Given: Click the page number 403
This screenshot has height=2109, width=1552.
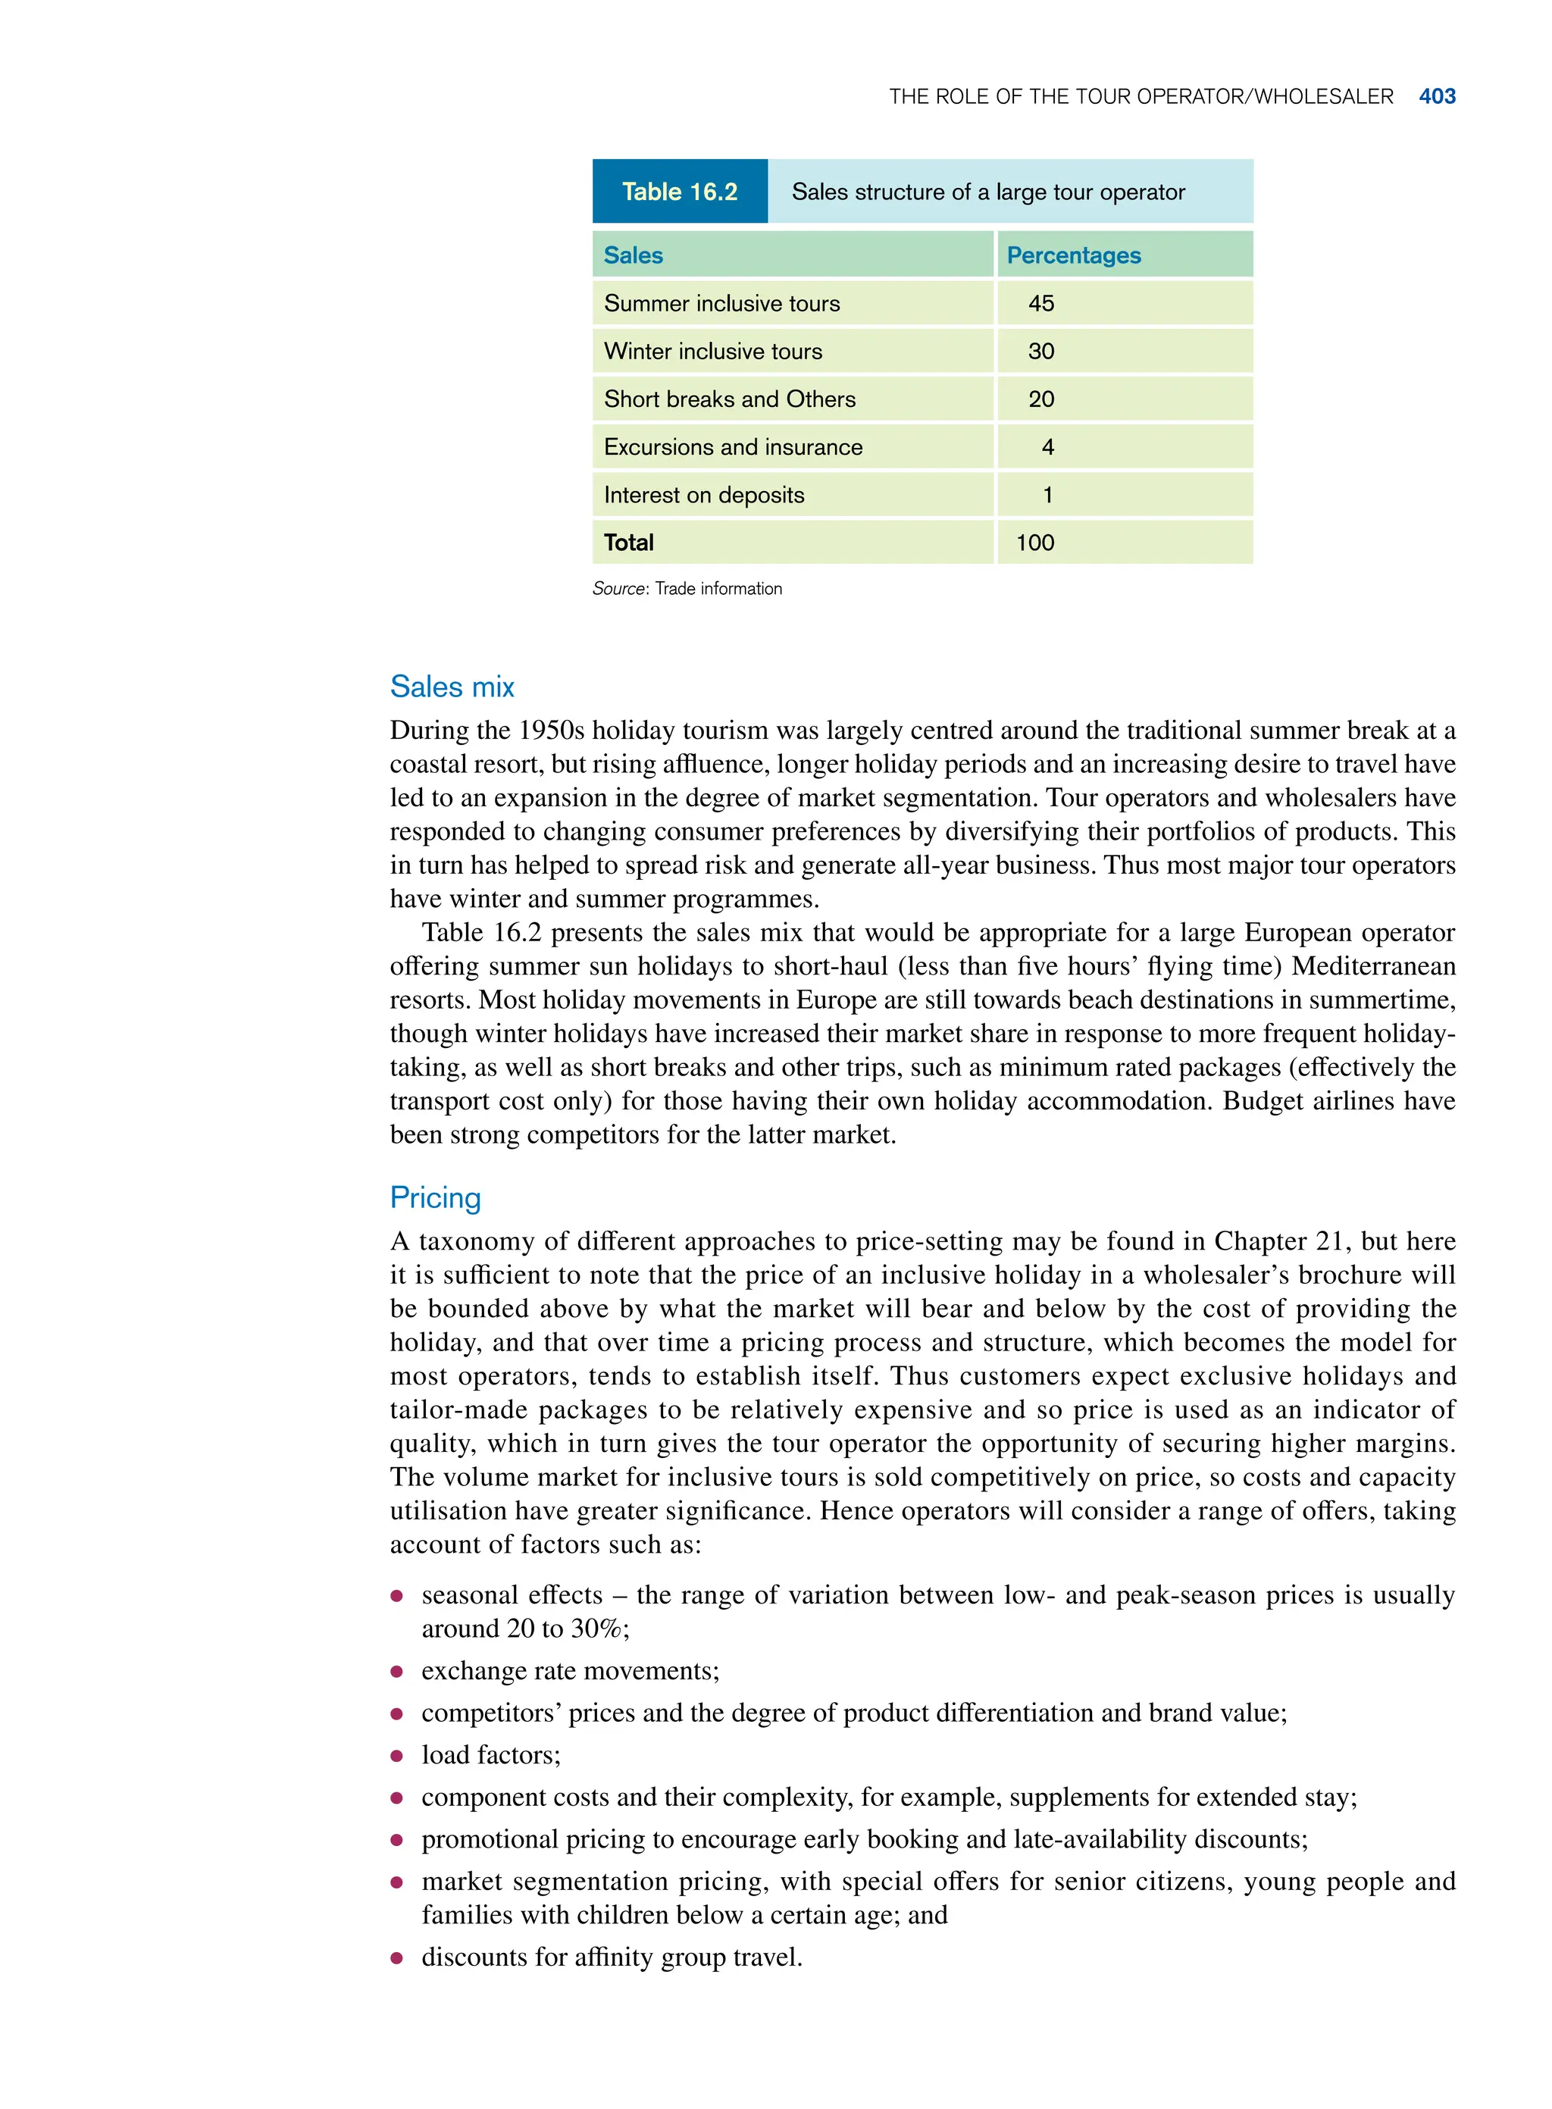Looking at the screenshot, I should click(1437, 97).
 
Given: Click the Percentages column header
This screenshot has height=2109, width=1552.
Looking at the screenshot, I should click(1073, 255).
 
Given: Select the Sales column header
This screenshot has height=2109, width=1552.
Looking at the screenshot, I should click(634, 255).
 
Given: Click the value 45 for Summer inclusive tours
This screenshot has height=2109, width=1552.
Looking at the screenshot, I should click(1041, 303).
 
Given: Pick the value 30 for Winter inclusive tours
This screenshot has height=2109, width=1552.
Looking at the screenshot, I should click(1041, 352).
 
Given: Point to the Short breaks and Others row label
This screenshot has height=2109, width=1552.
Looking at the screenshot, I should click(729, 399).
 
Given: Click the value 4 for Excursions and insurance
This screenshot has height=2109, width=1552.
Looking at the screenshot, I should click(1047, 447).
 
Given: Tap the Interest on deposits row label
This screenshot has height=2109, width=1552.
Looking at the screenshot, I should click(704, 495).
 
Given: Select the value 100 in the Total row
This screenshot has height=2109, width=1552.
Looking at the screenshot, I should click(1034, 543).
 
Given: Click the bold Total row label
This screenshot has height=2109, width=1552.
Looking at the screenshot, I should click(628, 543).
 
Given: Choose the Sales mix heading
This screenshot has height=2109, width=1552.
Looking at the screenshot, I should click(452, 687).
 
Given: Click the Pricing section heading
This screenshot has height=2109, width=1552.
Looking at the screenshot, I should click(435, 1198).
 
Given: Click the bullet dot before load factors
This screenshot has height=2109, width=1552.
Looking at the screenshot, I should click(397, 1756).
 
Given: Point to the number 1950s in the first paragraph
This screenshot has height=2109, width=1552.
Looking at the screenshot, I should click(552, 730).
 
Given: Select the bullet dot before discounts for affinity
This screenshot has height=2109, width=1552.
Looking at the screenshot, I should click(397, 1957).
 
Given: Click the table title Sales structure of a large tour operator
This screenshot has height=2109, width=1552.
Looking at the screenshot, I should click(987, 192).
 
